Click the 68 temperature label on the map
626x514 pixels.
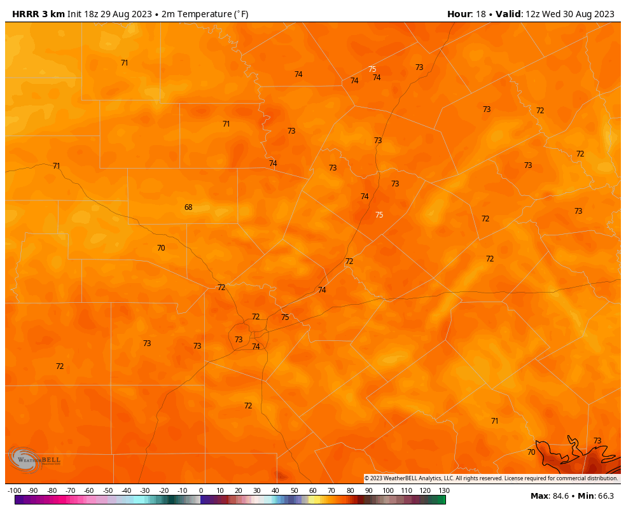[188, 207]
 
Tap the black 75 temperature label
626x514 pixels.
[285, 317]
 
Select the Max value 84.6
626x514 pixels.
[559, 496]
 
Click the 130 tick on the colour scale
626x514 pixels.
[444, 490]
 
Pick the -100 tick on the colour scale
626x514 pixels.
[15, 490]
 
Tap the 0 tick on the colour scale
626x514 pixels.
[201, 490]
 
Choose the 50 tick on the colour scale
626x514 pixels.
[295, 490]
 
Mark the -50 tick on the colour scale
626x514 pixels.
[108, 490]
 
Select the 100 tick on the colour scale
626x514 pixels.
[388, 490]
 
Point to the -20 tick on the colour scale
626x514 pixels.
[163, 490]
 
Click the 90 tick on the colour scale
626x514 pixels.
[369, 490]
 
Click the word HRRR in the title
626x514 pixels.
[26, 14]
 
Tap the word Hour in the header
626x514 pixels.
[459, 14]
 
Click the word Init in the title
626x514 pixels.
[75, 14]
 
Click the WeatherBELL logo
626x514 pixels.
[34, 459]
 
